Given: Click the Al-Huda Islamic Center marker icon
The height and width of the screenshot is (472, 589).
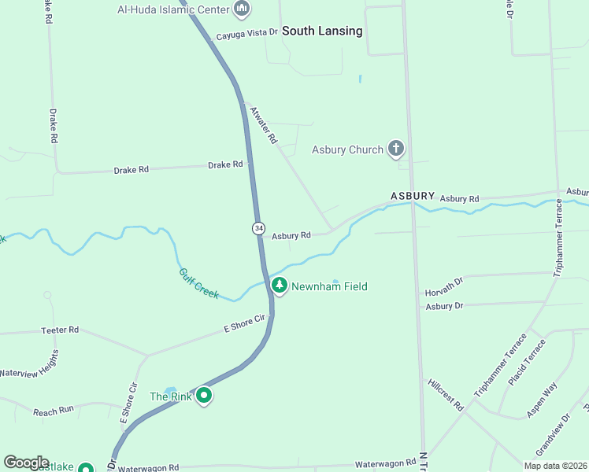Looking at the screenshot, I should click(242, 9).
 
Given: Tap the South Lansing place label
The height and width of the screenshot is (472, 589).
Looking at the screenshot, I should click(322, 31).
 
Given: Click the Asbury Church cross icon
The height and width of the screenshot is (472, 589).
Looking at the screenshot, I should click(396, 149).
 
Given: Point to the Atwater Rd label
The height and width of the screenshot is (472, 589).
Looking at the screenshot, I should click(264, 125).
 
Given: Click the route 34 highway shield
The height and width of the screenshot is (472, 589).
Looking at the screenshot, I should click(258, 228).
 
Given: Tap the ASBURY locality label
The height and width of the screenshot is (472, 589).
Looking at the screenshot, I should click(413, 195).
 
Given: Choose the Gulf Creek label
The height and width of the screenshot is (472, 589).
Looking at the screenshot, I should click(198, 282).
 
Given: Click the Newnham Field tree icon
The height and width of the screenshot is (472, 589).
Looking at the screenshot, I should click(279, 286).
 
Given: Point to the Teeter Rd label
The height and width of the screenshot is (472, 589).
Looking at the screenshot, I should click(60, 330).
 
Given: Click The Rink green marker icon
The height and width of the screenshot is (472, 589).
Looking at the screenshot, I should click(204, 396).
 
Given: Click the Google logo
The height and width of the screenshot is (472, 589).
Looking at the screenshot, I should click(26, 463).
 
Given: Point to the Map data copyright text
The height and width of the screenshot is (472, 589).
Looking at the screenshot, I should click(555, 466).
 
